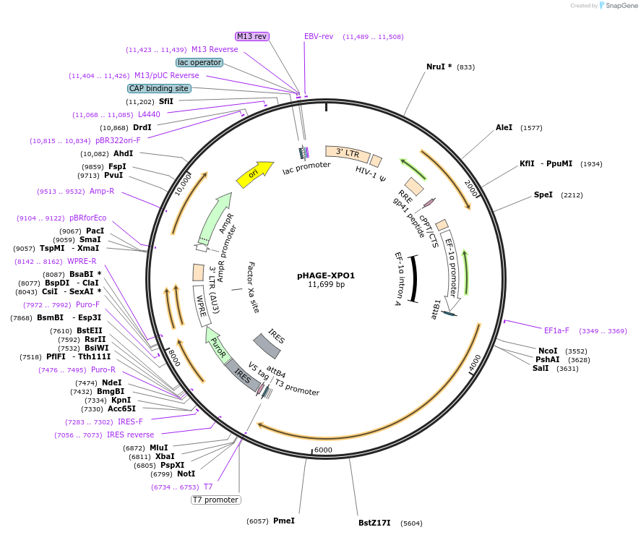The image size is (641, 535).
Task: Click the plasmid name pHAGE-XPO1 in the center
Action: pos(326,275)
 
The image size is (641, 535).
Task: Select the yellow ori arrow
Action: pos(254,174)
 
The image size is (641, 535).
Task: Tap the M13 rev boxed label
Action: pos(251,36)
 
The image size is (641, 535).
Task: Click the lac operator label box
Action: pos(199,62)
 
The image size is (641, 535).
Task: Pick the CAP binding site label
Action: pos(159,88)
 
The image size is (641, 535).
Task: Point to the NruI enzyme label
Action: pos(439,67)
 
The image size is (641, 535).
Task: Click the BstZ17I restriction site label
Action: pos(374,523)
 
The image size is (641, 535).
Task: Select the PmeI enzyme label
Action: pos(283,521)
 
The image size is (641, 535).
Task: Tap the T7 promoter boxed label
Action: pos(215,500)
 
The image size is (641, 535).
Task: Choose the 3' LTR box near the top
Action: pos(348,153)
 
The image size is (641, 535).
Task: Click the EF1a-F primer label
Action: pos(556,330)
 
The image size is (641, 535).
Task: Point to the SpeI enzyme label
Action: pos(543,194)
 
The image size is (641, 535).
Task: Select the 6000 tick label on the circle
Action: pos(322,450)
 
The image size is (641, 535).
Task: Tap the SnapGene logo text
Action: pos(620,5)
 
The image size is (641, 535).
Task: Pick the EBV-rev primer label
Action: pos(319,36)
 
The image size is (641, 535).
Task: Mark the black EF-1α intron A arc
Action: pos(414,278)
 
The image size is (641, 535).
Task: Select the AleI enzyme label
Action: pos(504,127)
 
